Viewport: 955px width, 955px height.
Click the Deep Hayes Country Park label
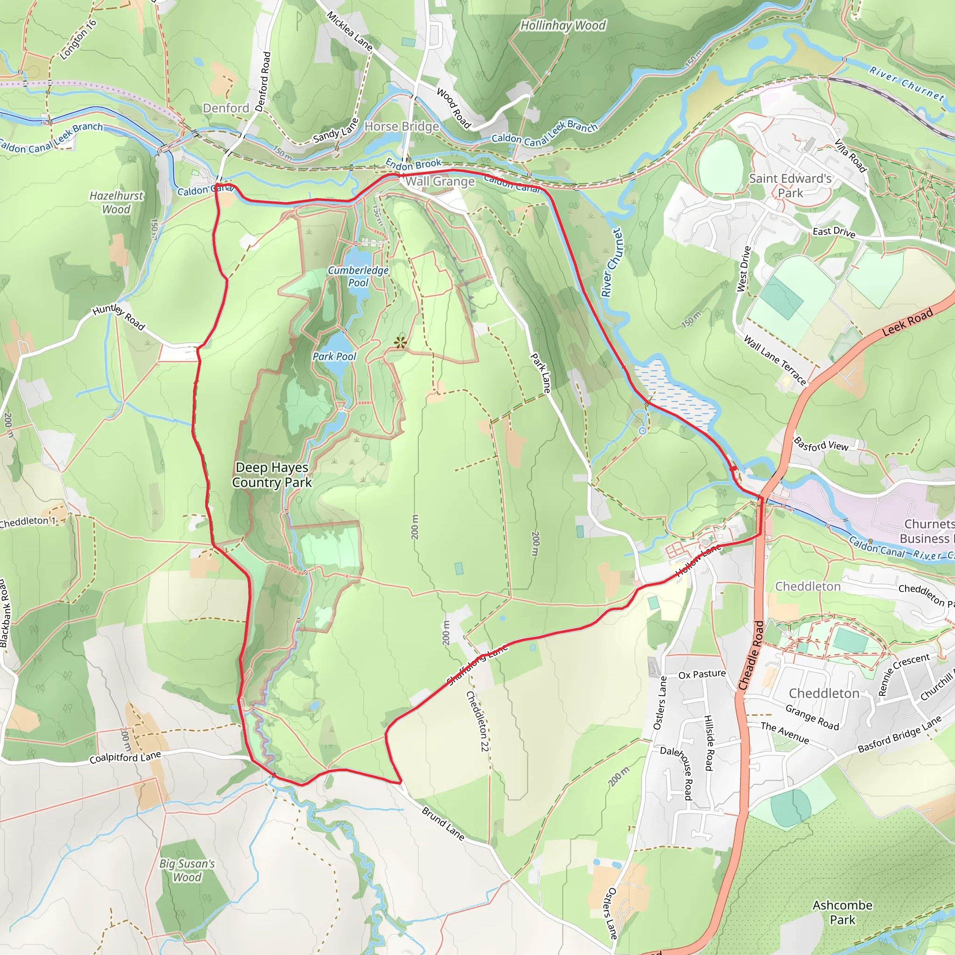coord(272,475)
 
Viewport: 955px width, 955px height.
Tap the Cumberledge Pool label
coord(359,277)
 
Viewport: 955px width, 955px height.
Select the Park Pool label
coord(334,356)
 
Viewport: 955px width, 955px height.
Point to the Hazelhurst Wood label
coord(116,202)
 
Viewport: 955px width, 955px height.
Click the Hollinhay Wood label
coord(563,25)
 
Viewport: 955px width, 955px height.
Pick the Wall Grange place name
coord(440,181)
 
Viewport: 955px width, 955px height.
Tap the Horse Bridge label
coord(401,126)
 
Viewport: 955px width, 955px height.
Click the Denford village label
coord(226,108)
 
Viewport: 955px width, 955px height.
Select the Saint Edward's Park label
coord(790,186)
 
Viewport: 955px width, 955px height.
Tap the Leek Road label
coord(907,322)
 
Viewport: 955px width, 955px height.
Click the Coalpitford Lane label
coord(125,757)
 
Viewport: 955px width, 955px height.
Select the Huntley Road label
coord(118,316)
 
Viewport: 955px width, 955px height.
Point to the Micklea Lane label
coord(349,31)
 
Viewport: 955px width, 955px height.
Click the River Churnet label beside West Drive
coord(612,263)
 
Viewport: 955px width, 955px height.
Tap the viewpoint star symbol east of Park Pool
coord(400,342)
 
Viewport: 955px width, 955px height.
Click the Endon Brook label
coord(413,164)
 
